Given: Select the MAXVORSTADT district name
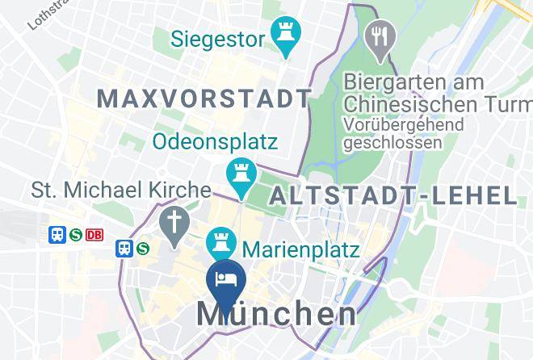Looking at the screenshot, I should pyautogui.click(x=204, y=98).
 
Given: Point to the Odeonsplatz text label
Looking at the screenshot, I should pyautogui.click(x=216, y=142).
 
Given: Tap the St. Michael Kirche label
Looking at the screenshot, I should pyautogui.click(x=120, y=190).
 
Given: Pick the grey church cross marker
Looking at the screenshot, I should pyautogui.click(x=172, y=224).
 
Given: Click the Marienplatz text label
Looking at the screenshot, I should pyautogui.click(x=300, y=249).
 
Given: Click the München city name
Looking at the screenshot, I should pyautogui.click(x=275, y=314).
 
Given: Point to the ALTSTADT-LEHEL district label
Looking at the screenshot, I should pyautogui.click(x=392, y=195).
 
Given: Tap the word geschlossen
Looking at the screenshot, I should pyautogui.click(x=392, y=143).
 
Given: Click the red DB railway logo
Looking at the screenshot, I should pyautogui.click(x=94, y=234).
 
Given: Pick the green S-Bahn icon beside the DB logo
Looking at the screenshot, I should pyautogui.click(x=76, y=234).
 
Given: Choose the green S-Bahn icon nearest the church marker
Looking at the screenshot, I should pyautogui.click(x=143, y=248).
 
